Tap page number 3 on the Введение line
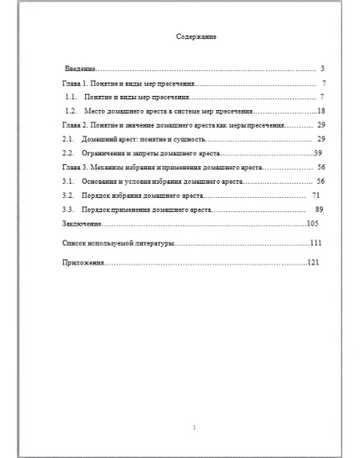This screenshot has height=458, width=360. [x=323, y=68]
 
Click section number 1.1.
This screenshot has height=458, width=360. [x=72, y=96]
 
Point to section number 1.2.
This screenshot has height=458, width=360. [x=72, y=111]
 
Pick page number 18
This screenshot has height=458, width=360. [x=322, y=111]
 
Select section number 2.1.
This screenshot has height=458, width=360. [x=67, y=139]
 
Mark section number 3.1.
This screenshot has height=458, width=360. [x=67, y=180]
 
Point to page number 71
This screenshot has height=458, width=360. [x=316, y=194]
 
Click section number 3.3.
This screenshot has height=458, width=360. [x=67, y=209]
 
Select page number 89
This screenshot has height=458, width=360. [x=319, y=209]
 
